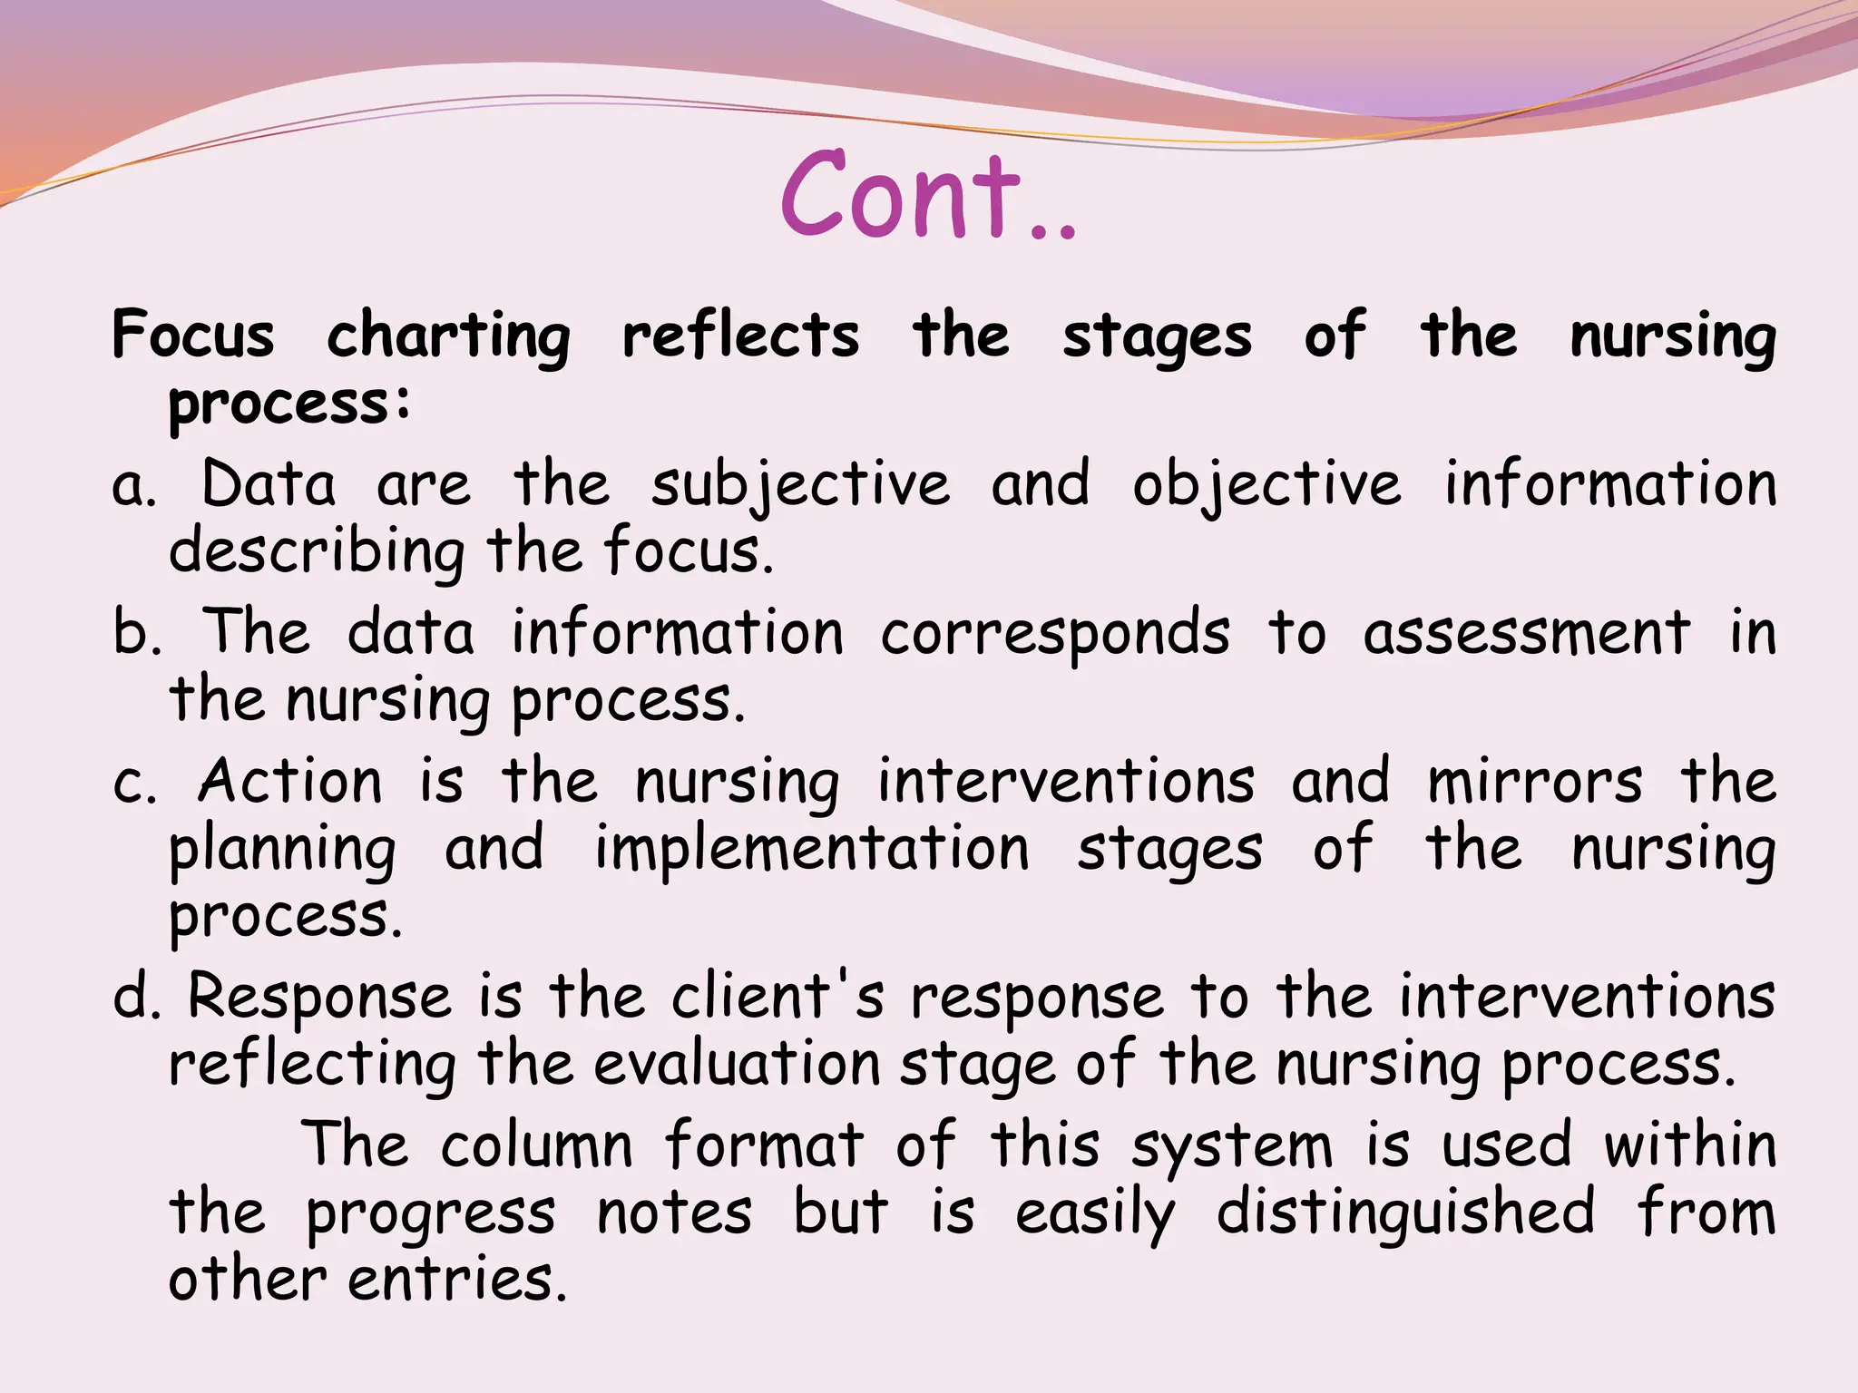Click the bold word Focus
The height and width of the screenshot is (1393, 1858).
pyautogui.click(x=192, y=335)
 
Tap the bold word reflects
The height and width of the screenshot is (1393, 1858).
pyautogui.click(x=740, y=335)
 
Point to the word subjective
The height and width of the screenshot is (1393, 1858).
pyautogui.click(x=800, y=485)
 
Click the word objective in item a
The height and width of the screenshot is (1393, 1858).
pyautogui.click(x=1266, y=485)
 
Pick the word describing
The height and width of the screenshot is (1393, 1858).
pyautogui.click(x=317, y=551)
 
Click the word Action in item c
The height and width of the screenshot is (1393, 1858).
pyautogui.click(x=290, y=781)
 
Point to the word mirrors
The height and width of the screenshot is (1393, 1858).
pyautogui.click(x=1534, y=781)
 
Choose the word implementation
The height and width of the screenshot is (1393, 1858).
pyautogui.click(x=812, y=850)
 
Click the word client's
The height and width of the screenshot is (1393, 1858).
pyautogui.click(x=777, y=997)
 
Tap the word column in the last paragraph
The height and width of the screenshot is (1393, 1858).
pyautogui.click(x=537, y=1145)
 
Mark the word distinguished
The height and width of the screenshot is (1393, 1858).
pyautogui.click(x=1405, y=1213)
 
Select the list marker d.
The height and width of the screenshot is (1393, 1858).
pyautogui.click(x=135, y=997)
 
